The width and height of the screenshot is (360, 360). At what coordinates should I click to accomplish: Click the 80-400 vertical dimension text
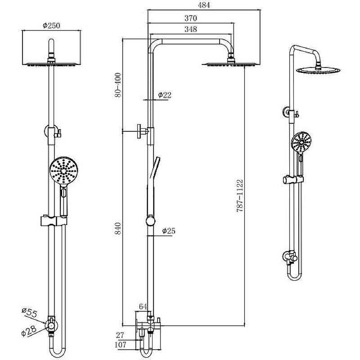coord(118,85)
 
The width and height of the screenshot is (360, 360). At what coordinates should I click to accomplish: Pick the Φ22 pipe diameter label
coord(164,95)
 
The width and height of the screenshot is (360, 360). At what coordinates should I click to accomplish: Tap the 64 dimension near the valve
coord(143,306)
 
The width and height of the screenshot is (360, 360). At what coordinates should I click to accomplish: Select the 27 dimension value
coord(120,335)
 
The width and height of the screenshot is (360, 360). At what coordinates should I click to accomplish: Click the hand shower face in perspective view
coord(301,143)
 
